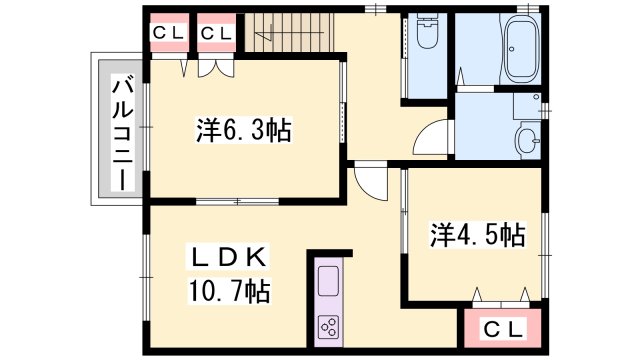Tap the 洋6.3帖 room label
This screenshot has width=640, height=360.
(243, 131)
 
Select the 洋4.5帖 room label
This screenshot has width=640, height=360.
(478, 235)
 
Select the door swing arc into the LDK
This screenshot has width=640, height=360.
(370, 181)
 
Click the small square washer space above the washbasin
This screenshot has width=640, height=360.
(526, 105)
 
